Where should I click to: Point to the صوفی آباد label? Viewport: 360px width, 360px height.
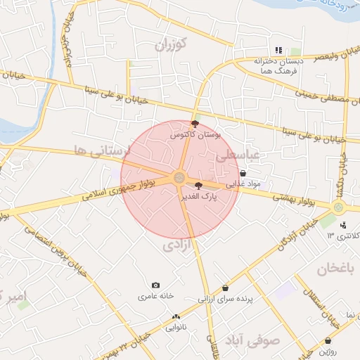click(252, 340)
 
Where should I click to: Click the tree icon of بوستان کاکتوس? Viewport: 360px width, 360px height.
click(195, 123)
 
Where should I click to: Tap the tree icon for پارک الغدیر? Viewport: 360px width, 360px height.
click(198, 186)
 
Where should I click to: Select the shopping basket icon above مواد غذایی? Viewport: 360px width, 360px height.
click(243, 173)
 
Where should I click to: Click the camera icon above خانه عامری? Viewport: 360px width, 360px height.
click(155, 285)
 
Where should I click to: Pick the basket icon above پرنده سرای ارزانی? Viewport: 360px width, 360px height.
click(225, 288)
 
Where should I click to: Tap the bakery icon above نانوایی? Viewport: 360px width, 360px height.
click(176, 317)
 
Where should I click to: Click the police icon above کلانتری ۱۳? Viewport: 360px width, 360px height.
click(342, 225)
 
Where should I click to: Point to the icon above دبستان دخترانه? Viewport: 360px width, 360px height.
click(278, 51)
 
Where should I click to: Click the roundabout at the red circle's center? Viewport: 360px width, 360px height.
click(179, 178)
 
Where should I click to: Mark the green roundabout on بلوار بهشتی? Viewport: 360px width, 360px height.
click(338, 207)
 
